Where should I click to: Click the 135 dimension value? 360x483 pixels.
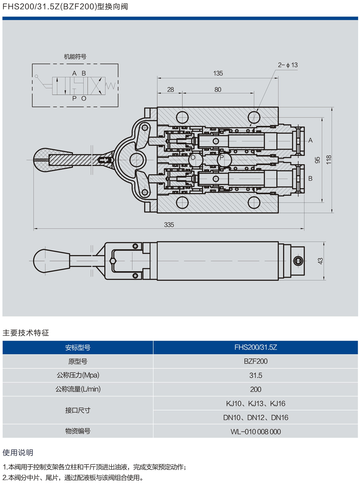[x=218, y=73]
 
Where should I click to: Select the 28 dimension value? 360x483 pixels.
[x=170, y=89]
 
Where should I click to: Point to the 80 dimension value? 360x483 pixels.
[x=218, y=89]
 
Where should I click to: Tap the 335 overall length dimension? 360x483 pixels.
[x=169, y=225]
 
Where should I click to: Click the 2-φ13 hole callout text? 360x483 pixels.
[x=288, y=65]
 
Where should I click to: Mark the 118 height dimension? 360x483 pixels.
[x=329, y=160]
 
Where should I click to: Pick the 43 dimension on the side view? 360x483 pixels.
[x=320, y=261]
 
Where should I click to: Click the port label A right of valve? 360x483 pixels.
[x=310, y=140]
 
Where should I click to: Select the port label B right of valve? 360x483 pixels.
[x=310, y=178]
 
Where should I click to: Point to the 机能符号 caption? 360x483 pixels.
[x=75, y=57]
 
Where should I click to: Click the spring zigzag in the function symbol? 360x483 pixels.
[x=111, y=86]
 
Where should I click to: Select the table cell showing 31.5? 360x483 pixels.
[x=255, y=375]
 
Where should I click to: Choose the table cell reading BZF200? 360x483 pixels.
[x=255, y=361]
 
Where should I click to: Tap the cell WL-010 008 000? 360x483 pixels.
[x=255, y=431]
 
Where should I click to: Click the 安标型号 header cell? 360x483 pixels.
[x=78, y=347]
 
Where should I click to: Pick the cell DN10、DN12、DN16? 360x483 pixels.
[x=255, y=417]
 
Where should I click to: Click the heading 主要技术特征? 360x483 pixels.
[x=26, y=333]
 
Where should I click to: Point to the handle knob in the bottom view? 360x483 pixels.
[x=49, y=261]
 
